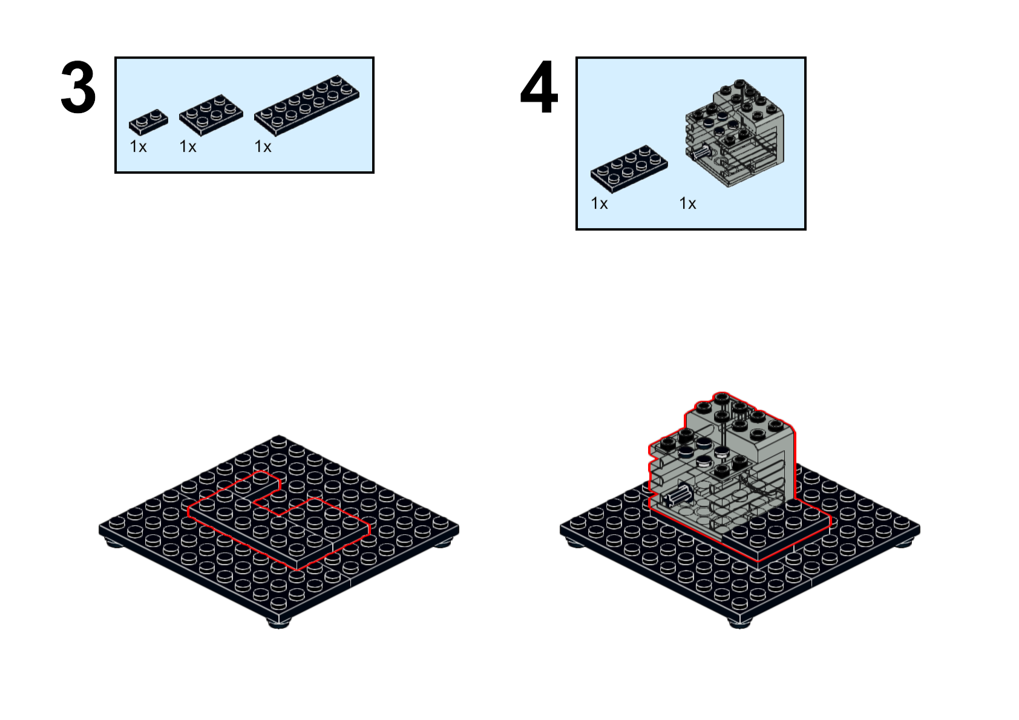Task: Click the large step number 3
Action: coord(78,87)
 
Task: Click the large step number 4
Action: coord(539,87)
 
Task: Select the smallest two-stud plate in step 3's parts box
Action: coord(148,122)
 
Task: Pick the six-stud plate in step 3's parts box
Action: coord(211,115)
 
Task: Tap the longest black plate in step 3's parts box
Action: coord(307,105)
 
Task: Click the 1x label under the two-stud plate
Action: coord(139,146)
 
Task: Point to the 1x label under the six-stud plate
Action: coord(188,146)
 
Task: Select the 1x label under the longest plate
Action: coord(263,146)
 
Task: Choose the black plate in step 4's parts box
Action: coord(629,169)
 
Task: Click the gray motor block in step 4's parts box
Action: coord(735,133)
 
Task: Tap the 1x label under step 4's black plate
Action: coord(599,203)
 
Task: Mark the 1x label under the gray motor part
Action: coord(687,203)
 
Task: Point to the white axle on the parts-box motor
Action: coord(700,151)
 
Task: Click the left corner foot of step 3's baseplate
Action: coord(114,542)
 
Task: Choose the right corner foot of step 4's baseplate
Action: coord(903,542)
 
